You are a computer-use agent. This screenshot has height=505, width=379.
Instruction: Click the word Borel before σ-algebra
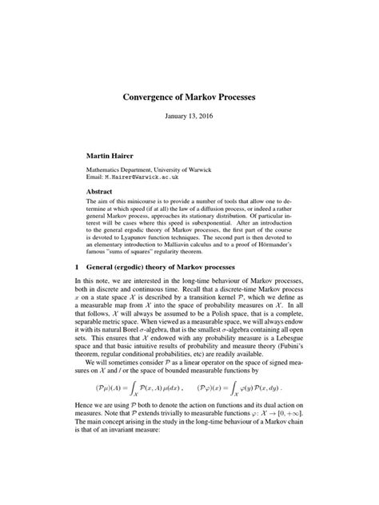(134, 323)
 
